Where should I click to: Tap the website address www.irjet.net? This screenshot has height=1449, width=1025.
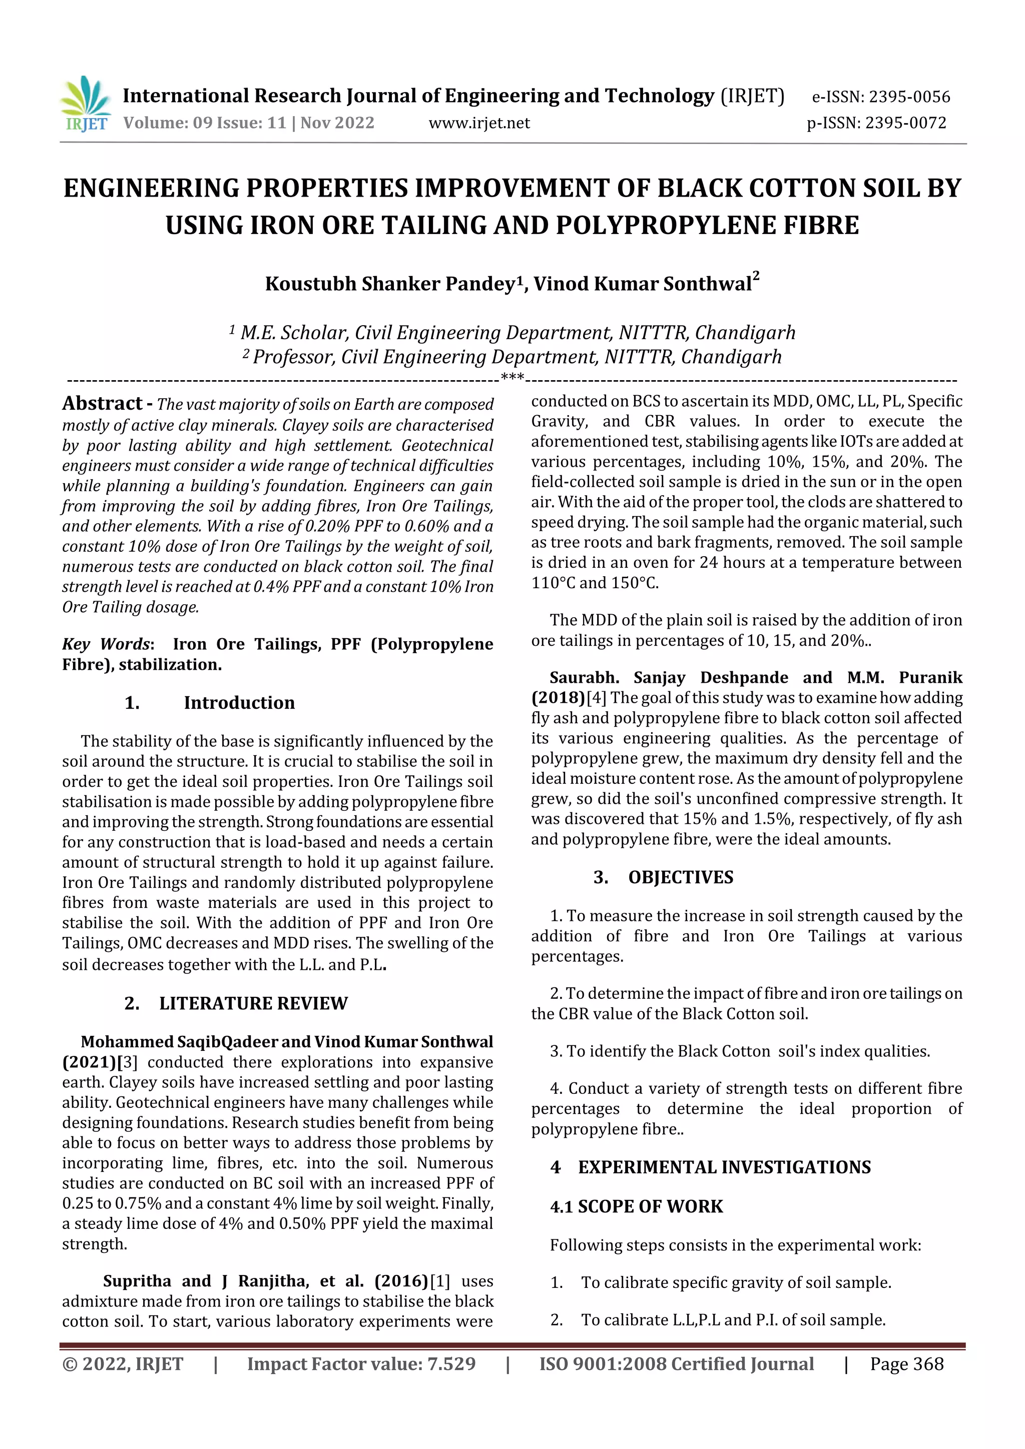click(479, 123)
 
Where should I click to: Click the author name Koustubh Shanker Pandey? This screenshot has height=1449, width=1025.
click(390, 284)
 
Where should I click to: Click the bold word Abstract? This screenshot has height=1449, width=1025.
click(102, 403)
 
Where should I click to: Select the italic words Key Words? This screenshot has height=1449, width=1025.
click(106, 644)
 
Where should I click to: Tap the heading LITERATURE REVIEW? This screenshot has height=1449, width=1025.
click(253, 1003)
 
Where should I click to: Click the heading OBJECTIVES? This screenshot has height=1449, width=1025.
click(680, 877)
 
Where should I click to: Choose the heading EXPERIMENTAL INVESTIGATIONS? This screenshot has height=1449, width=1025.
click(724, 1167)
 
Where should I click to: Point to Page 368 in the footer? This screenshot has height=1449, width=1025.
click(906, 1364)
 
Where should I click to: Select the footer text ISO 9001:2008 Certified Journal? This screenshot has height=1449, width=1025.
click(676, 1364)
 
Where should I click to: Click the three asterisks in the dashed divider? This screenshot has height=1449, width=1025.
click(511, 378)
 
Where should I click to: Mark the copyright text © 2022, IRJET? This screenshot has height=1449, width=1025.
click(123, 1364)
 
